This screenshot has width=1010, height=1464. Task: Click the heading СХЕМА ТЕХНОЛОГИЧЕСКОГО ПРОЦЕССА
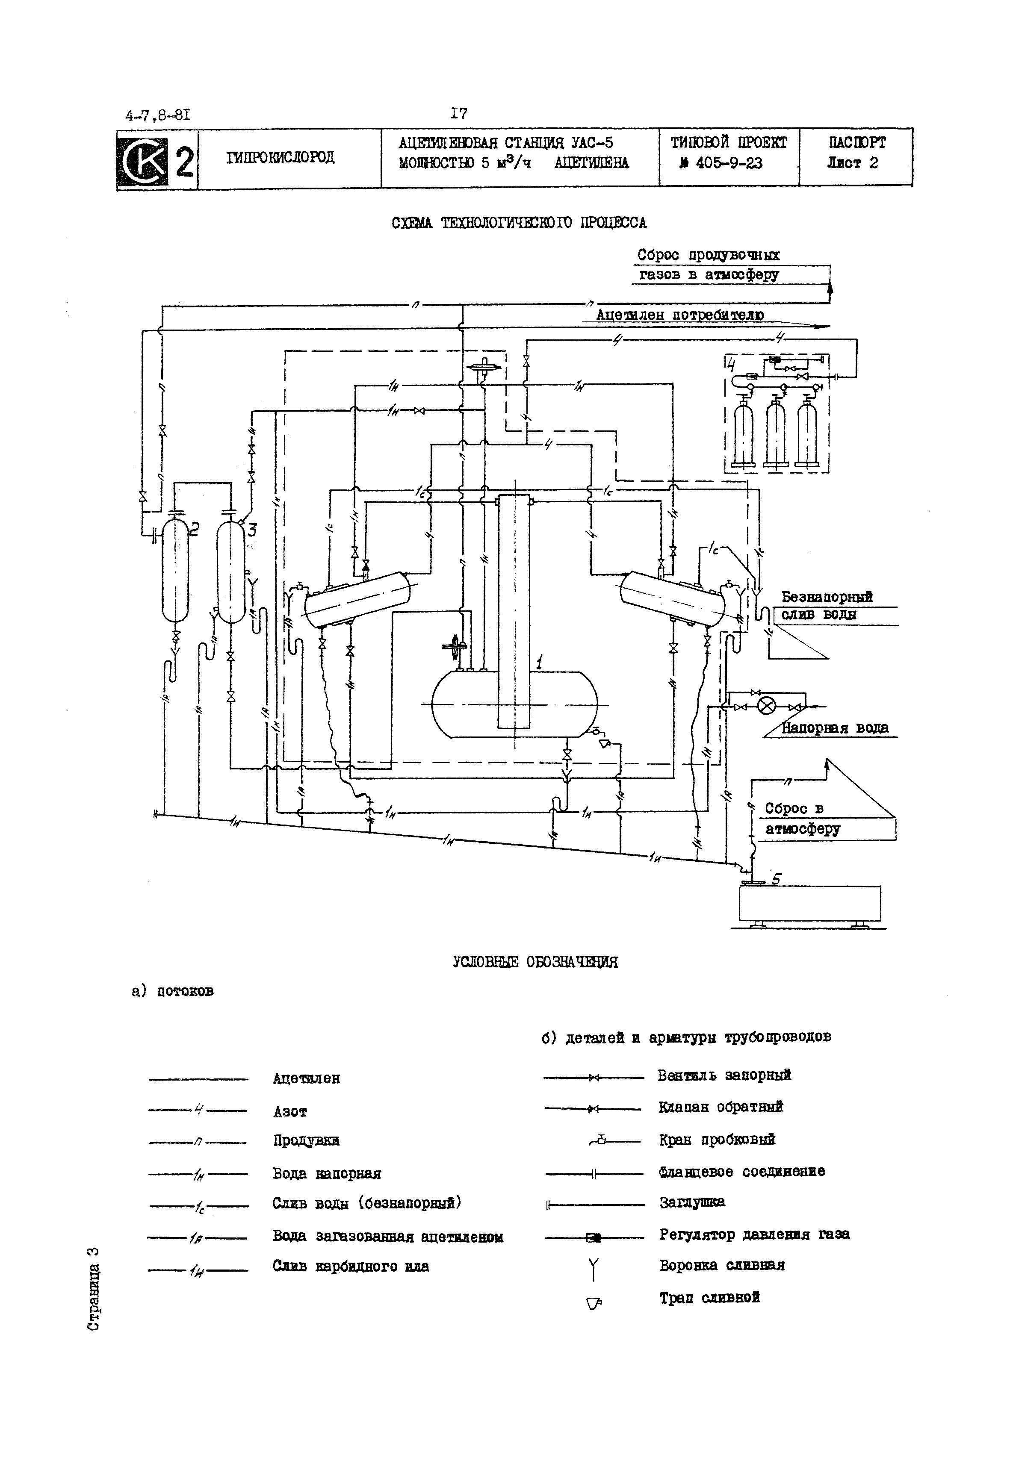tap(519, 223)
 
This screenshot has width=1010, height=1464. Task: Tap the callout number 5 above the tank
tap(777, 879)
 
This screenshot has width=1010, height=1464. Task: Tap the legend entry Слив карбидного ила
tap(351, 1266)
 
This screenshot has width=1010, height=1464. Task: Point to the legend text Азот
tap(290, 1111)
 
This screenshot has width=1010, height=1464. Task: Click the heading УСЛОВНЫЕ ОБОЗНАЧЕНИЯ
tap(535, 962)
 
